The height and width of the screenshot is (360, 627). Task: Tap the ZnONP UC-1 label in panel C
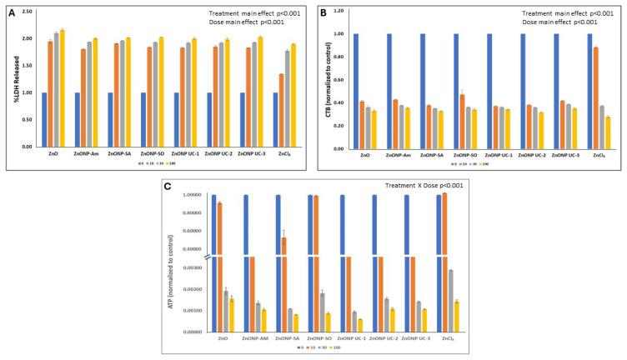point(349,339)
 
